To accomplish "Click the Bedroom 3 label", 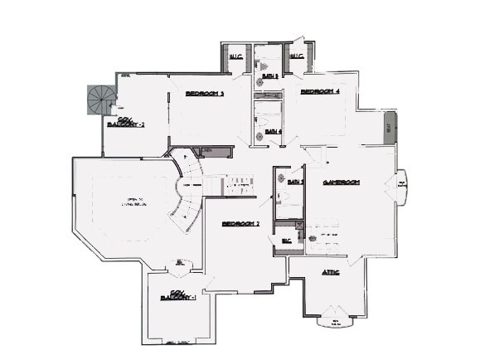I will [x=205, y=94].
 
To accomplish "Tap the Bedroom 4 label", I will [x=320, y=90].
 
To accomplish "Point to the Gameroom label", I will [x=339, y=182].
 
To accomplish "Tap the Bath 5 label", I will [x=269, y=76].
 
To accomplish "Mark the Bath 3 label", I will [x=296, y=182].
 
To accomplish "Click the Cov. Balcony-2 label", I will [x=126, y=123].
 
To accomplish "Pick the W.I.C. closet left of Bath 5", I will [x=235, y=57].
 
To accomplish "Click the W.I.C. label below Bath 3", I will [x=287, y=241].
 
